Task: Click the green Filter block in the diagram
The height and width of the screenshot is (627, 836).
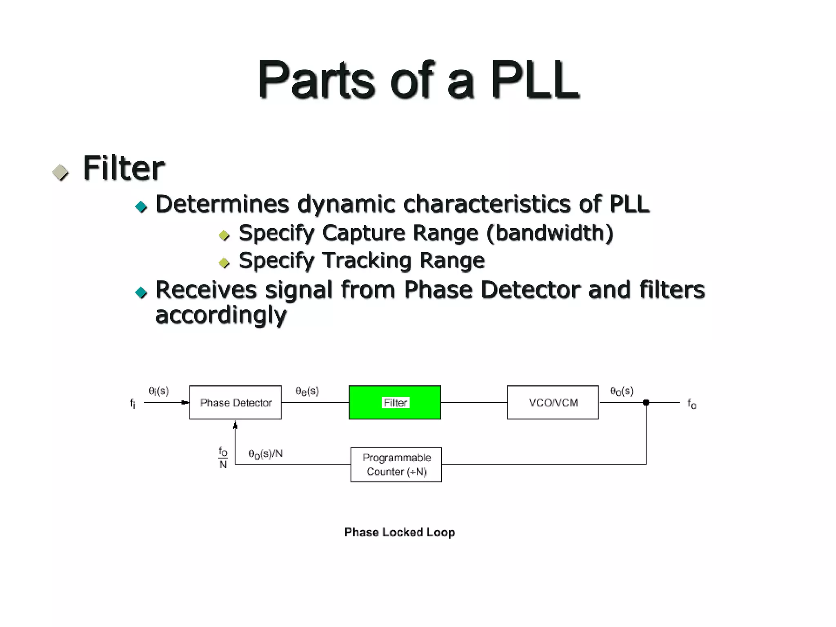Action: point(394,402)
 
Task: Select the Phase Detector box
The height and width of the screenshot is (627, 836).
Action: point(236,402)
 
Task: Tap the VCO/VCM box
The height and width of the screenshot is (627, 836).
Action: point(553,402)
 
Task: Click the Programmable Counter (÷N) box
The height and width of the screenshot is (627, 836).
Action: point(396,465)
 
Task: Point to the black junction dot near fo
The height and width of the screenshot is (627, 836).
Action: point(646,402)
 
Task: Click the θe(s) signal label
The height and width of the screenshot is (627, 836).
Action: point(307,391)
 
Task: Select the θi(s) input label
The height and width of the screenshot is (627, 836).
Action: point(158,391)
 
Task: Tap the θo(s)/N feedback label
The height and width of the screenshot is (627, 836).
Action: point(265,454)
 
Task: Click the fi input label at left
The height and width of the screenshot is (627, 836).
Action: point(133,404)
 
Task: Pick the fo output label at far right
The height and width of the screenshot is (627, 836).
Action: point(692,404)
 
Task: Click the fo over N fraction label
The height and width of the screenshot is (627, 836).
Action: point(223,458)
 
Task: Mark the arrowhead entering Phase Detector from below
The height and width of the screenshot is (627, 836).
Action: point(235,425)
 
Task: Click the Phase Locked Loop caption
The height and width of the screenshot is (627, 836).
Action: point(400,532)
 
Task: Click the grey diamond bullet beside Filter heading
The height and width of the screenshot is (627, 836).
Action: point(61,173)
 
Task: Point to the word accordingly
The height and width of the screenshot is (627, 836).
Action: point(221,315)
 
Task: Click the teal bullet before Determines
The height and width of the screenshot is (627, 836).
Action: point(141,207)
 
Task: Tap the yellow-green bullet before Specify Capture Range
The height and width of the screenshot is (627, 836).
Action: point(224,235)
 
